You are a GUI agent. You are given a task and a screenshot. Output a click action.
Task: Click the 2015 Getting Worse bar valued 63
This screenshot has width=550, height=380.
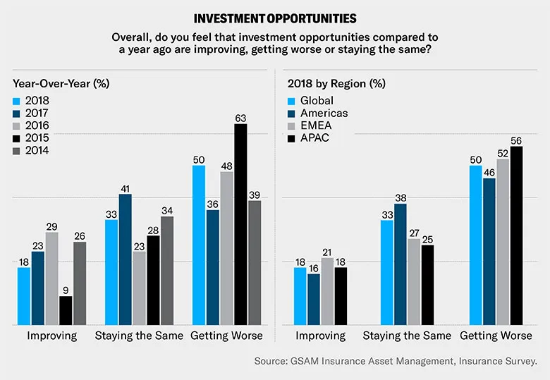click(240, 224)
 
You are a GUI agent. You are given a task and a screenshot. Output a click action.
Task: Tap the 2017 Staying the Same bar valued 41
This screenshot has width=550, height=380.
click(126, 259)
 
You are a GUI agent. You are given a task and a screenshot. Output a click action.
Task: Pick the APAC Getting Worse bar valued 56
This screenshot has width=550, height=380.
click(516, 235)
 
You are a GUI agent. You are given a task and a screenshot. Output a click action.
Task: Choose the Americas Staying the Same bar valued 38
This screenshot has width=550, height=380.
click(401, 264)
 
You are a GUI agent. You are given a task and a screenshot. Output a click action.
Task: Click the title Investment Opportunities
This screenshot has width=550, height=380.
click(274, 18)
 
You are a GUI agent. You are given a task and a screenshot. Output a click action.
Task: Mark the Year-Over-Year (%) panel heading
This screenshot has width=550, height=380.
click(54, 83)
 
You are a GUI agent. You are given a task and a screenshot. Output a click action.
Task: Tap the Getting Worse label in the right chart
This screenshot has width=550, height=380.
click(496, 336)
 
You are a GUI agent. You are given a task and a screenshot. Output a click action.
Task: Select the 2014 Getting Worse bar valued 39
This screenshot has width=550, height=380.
click(254, 262)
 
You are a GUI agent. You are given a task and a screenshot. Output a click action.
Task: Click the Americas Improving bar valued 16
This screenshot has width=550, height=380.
click(314, 299)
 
